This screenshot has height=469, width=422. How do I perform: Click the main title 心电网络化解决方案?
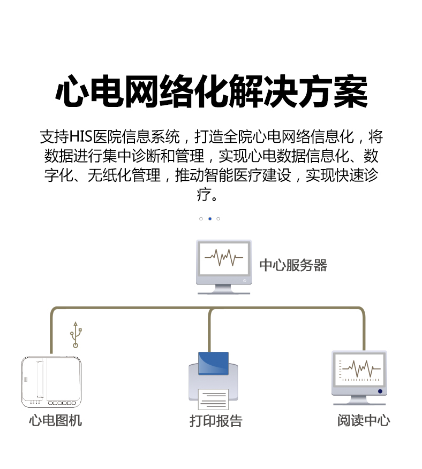[212, 91]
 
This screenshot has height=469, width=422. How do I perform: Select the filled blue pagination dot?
[209, 219]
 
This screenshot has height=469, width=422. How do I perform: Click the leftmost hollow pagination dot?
[201, 219]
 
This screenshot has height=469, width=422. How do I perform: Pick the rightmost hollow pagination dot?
[218, 219]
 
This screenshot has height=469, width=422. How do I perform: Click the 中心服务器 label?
[293, 265]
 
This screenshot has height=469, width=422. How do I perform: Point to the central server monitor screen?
[224, 259]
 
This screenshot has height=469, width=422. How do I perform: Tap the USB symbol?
[76, 335]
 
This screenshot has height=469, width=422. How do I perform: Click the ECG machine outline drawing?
[51, 382]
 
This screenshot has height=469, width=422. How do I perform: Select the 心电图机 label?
[55, 420]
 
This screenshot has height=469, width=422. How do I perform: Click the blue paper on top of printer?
[213, 363]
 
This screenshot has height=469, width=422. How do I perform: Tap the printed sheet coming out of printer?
[213, 399]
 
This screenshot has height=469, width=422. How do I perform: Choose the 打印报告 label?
[216, 421]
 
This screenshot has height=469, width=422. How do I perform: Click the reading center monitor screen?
[359, 370]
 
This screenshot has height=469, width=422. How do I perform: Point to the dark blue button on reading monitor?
[380, 391]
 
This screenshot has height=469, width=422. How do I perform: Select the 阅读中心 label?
[364, 420]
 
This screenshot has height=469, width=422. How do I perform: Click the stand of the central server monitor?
[224, 289]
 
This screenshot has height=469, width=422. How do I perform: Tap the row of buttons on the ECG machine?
[62, 403]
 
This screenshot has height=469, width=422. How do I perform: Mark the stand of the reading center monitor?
[359, 400]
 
